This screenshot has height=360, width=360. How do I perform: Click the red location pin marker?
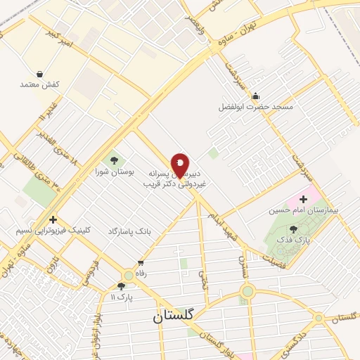click(181, 165)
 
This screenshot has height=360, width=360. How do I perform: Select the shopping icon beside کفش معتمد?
click(39, 74)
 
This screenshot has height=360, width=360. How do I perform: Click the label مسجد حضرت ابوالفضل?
click(256, 108)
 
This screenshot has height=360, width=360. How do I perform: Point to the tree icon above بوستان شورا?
click(114, 160)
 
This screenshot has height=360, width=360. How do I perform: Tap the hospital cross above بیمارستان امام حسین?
click(304, 199)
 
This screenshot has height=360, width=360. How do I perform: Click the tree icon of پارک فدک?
click(293, 229)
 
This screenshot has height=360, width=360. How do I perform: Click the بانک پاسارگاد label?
click(129, 231)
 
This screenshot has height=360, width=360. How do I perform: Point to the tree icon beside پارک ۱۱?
click(122, 286)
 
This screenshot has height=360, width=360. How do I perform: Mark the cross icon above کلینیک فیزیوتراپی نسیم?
click(53, 219)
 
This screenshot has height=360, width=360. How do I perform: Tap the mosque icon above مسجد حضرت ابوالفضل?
click(255, 96)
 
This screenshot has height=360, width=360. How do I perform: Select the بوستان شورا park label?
click(114, 172)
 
